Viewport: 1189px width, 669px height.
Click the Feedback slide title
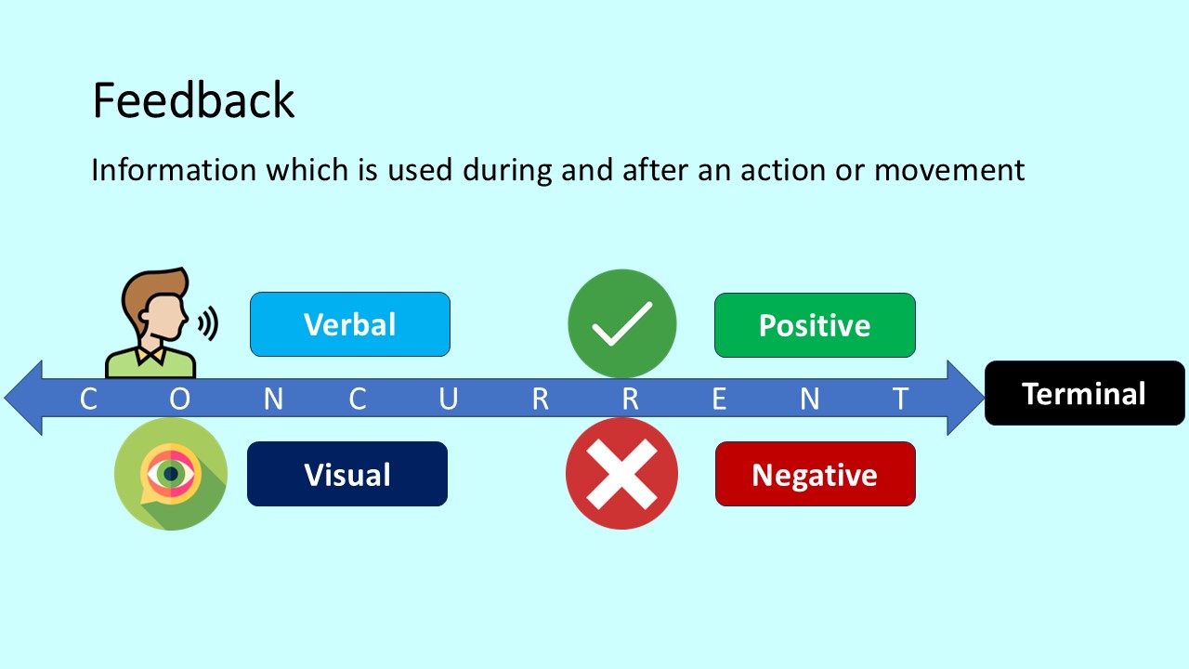(x=193, y=100)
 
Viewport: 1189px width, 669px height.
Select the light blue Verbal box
(x=350, y=324)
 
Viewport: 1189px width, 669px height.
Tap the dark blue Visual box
(x=347, y=474)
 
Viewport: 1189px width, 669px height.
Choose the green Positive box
(x=815, y=325)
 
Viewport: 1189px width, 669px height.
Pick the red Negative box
(x=815, y=475)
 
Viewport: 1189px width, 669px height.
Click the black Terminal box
(x=1084, y=393)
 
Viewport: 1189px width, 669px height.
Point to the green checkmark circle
(x=622, y=323)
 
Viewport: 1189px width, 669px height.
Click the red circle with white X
(x=621, y=474)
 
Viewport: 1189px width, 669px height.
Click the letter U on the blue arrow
(x=449, y=399)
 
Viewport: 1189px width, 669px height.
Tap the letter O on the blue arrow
(x=179, y=399)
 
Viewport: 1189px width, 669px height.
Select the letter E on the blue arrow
(x=719, y=399)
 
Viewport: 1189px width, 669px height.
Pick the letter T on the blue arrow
(x=900, y=399)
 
